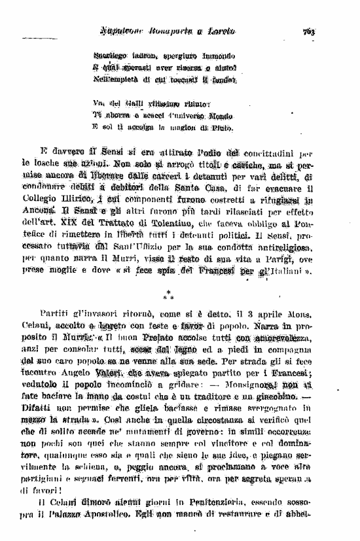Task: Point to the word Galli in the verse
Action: tap(137, 105)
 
